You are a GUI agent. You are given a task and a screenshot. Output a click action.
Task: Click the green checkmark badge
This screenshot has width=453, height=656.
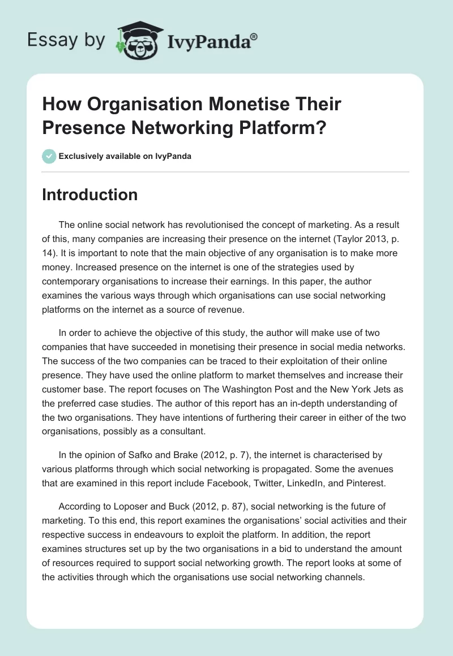[x=49, y=156]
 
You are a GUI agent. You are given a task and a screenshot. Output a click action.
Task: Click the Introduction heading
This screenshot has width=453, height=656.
[x=90, y=195]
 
